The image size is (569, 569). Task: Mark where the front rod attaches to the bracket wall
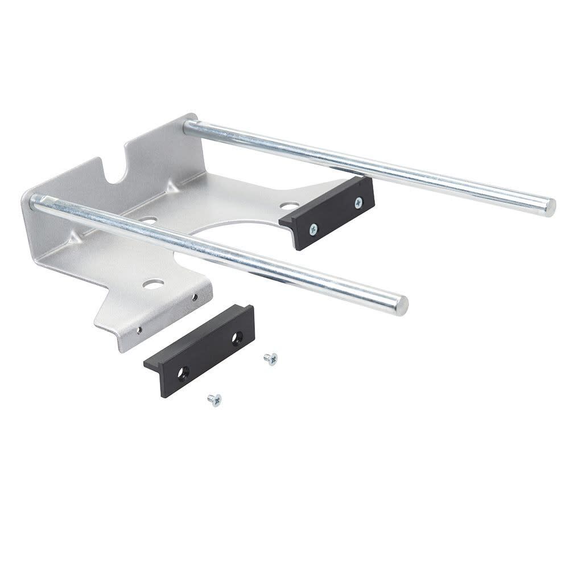pos(36,202)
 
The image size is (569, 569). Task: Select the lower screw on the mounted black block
pos(314,229)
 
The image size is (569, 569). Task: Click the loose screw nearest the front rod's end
pos(270,358)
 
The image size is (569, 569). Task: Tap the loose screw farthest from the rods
pos(214,399)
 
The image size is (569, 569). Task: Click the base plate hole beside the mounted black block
pos(289,206)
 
